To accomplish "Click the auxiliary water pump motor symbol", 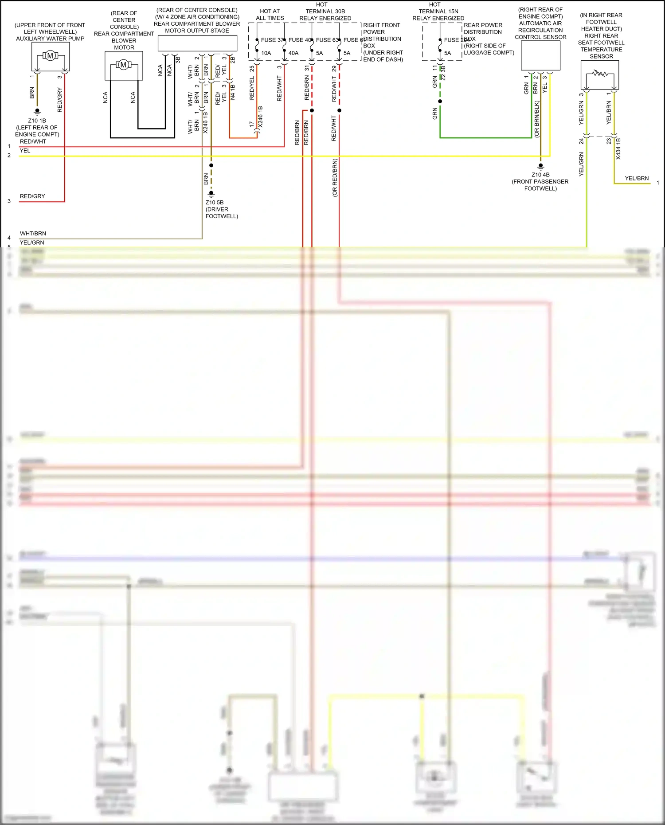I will point(50,55).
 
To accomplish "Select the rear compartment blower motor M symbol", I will point(123,65).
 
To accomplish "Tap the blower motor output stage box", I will point(197,43).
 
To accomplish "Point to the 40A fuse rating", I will point(293,53).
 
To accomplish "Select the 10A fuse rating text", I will point(266,53).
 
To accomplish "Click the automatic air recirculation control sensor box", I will point(540,55).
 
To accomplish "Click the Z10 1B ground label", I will point(37,121).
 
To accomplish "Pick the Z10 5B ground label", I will point(215,203).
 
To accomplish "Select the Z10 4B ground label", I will point(540,175).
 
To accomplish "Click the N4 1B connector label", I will point(233,92).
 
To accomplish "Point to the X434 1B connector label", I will point(618,149).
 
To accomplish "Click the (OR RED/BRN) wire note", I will point(335,178).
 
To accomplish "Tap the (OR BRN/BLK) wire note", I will point(536,119).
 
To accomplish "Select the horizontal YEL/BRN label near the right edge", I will point(637,178).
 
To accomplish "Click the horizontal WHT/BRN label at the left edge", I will point(33,234).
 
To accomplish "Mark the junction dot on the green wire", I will point(440,101).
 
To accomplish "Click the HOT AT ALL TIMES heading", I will point(270,15).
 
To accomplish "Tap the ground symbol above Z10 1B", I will point(37,112).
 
